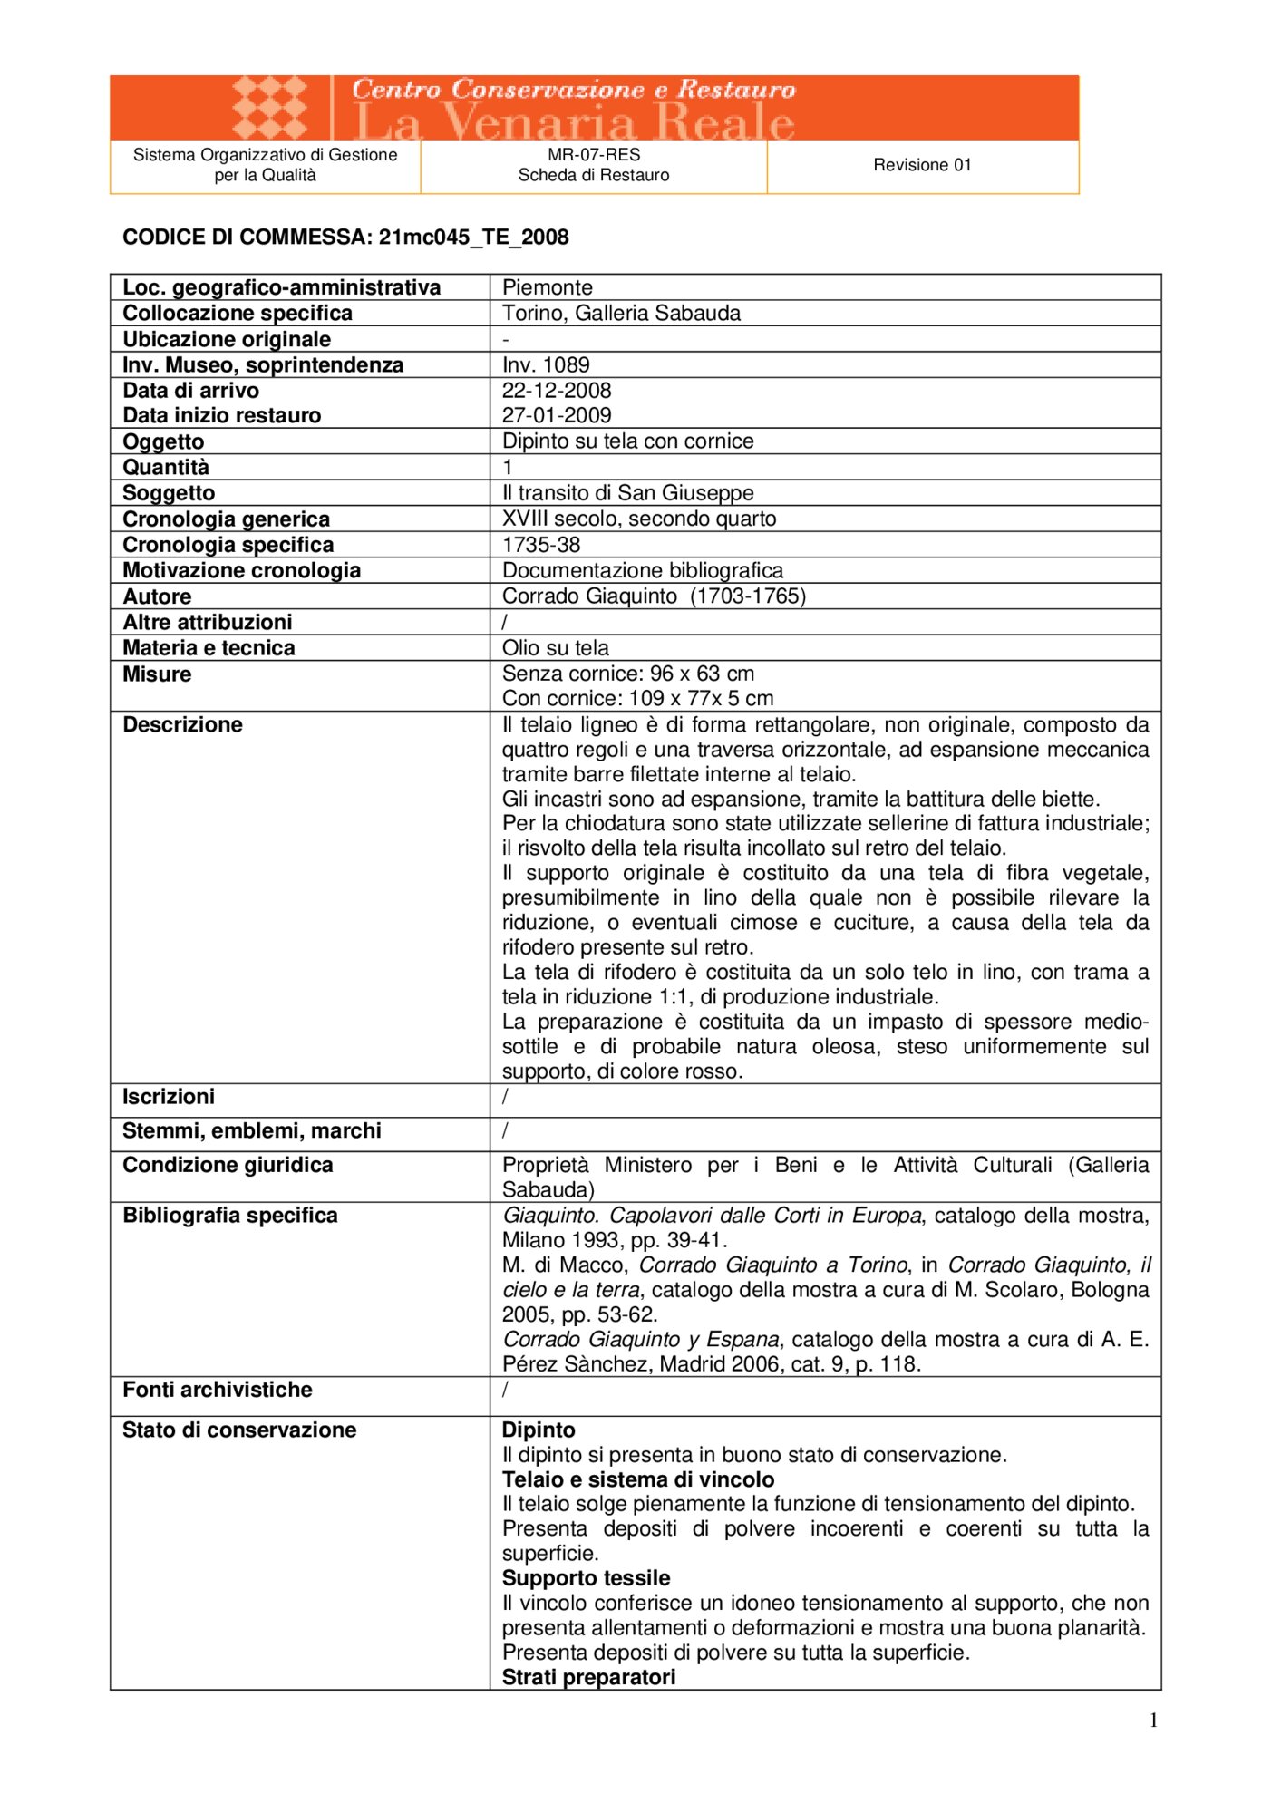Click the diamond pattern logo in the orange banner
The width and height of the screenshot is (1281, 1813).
pyautogui.click(x=269, y=107)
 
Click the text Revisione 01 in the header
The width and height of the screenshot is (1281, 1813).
pyautogui.click(x=922, y=165)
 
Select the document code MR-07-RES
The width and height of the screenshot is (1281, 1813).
pyautogui.click(x=594, y=155)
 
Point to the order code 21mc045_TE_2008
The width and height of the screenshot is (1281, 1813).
pyautogui.click(x=473, y=238)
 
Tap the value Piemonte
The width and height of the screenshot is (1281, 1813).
pyautogui.click(x=547, y=287)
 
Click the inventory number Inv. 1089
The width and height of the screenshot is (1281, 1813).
pyautogui.click(x=546, y=364)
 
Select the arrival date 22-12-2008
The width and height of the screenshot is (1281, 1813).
pyautogui.click(x=557, y=390)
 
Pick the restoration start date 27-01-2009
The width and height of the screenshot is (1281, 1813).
pyautogui.click(x=557, y=415)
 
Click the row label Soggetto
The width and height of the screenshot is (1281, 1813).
pyautogui.click(x=169, y=493)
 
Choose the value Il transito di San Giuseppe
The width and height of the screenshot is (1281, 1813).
pyautogui.click(x=627, y=493)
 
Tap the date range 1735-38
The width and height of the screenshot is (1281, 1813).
pyautogui.click(x=541, y=545)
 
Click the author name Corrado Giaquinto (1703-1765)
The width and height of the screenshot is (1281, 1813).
pyautogui.click(x=654, y=596)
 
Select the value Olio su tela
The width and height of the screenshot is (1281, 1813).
pyautogui.click(x=555, y=648)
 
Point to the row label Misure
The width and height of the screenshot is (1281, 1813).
pyautogui.click(x=157, y=674)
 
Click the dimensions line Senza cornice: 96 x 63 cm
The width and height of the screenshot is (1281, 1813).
pyautogui.click(x=627, y=674)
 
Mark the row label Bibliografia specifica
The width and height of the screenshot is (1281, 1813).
pyautogui.click(x=230, y=1216)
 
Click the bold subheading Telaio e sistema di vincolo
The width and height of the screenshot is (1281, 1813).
pyautogui.click(x=638, y=1479)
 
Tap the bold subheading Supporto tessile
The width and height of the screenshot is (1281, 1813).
pyautogui.click(x=586, y=1578)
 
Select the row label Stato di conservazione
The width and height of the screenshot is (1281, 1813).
pyautogui.click(x=239, y=1430)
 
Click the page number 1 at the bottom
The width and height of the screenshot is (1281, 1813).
pyautogui.click(x=1153, y=1721)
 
